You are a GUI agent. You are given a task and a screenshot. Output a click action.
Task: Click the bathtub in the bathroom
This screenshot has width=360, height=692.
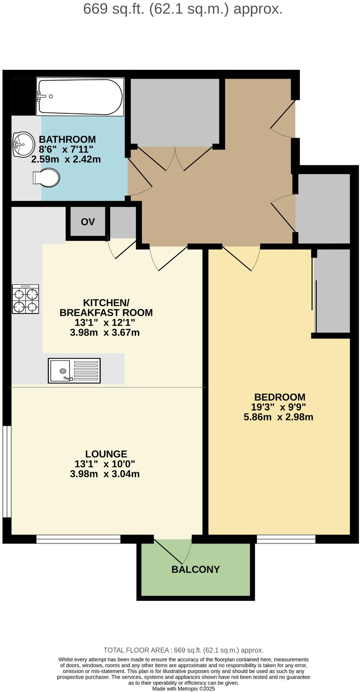80,97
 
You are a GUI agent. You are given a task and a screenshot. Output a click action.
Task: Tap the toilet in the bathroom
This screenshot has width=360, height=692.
46,177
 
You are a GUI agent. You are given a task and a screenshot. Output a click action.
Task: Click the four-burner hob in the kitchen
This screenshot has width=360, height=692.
25,299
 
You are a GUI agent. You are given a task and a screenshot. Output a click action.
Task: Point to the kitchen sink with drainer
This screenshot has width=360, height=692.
74,370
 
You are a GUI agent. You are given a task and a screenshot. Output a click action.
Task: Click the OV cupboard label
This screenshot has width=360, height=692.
88,222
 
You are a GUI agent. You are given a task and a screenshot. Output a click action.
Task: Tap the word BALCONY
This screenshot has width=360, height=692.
196,569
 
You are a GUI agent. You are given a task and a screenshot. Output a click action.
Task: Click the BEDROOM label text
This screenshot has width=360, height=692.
280,397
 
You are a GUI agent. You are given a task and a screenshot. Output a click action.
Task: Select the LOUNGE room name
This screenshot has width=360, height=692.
106,454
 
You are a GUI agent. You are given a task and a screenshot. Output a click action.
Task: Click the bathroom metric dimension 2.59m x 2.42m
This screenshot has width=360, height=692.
66,159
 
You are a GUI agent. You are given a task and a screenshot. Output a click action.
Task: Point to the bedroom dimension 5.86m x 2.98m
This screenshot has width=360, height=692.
278,417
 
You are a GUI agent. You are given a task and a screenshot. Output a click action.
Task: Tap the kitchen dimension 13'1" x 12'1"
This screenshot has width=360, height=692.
105,323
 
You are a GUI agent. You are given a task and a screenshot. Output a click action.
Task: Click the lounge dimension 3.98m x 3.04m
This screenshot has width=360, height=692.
105,474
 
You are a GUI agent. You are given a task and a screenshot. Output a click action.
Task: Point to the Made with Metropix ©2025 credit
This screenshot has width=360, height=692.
183,689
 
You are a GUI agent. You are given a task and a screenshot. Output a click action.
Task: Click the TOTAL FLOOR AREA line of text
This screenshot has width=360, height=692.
183,650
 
